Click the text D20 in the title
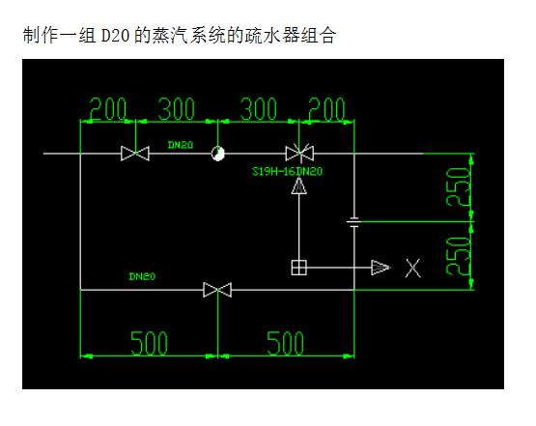(x=115, y=35)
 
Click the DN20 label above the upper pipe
(x=181, y=145)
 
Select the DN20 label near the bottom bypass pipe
(x=142, y=276)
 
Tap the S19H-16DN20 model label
(x=287, y=171)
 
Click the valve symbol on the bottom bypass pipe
(x=217, y=290)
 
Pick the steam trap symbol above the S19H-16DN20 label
(x=299, y=153)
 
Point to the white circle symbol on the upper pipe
(x=217, y=154)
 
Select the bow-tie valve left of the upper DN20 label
(x=135, y=154)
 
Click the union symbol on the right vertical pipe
(x=353, y=222)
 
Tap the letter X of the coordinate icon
(x=413, y=268)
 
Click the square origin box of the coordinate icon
(x=298, y=268)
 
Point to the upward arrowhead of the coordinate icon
(x=299, y=185)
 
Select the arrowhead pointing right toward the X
(x=381, y=268)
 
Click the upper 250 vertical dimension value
(x=458, y=187)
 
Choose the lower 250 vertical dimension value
(x=458, y=256)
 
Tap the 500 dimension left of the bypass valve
(x=149, y=343)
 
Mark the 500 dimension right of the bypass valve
(x=285, y=343)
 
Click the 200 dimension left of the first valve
(x=107, y=109)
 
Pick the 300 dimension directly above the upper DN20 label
(x=176, y=109)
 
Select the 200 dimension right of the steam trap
(x=326, y=109)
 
